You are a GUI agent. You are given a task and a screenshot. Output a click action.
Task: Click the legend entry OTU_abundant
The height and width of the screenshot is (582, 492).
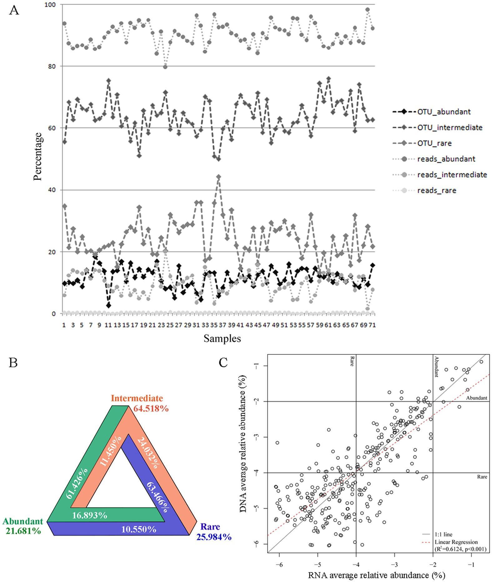(444, 112)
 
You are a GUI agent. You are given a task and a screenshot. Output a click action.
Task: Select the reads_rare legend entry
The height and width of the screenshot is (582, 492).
(436, 190)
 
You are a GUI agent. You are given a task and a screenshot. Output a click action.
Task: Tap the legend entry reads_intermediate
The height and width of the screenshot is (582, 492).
(452, 175)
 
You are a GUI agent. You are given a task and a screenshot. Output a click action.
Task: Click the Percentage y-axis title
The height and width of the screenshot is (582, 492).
(38, 156)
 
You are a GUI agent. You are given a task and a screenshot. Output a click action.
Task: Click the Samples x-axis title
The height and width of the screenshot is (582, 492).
(222, 338)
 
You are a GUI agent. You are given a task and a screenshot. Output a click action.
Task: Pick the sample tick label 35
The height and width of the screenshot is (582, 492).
(214, 325)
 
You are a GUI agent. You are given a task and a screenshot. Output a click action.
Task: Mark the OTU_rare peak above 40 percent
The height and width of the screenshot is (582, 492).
(218, 177)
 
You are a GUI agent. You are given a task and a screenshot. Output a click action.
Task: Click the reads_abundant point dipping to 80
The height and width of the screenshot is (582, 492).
(165, 67)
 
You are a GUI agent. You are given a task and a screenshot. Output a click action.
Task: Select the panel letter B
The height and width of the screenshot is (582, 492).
(13, 363)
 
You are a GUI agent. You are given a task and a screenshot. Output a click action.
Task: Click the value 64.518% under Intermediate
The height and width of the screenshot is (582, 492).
(151, 408)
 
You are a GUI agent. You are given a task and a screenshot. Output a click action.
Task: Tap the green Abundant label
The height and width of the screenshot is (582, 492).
(23, 521)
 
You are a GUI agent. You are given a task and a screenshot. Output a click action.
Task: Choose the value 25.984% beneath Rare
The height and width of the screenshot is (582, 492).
(214, 537)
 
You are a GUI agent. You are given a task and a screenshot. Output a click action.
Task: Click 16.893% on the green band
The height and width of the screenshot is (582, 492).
(90, 515)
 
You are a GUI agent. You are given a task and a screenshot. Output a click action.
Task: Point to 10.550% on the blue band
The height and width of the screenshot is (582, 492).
(139, 529)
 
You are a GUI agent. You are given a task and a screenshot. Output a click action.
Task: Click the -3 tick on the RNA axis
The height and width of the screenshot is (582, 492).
(395, 565)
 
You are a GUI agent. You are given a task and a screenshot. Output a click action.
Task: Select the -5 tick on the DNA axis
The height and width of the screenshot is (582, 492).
(257, 508)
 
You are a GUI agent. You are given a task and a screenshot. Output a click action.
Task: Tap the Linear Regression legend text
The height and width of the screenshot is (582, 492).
(456, 542)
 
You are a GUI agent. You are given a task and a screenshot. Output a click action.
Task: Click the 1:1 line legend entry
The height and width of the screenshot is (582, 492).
(443, 535)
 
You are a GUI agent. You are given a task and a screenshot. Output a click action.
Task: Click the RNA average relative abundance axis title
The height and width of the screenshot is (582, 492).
(376, 575)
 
